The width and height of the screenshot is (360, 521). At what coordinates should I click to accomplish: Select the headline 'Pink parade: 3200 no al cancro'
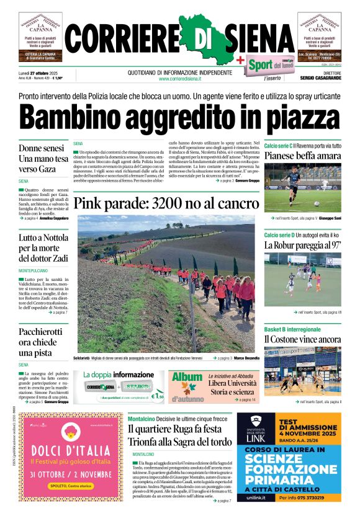[x=166, y=203]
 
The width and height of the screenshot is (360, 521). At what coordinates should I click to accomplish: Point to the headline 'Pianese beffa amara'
[x=303, y=156]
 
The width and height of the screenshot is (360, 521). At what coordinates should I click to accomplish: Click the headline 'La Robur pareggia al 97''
[x=303, y=245]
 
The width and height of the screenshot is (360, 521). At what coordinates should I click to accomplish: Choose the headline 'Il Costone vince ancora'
[x=303, y=339]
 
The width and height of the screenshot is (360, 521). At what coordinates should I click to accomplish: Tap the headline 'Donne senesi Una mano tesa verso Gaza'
[x=43, y=158]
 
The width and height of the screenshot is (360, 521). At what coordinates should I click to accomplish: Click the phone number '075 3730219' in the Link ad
[x=308, y=497]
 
